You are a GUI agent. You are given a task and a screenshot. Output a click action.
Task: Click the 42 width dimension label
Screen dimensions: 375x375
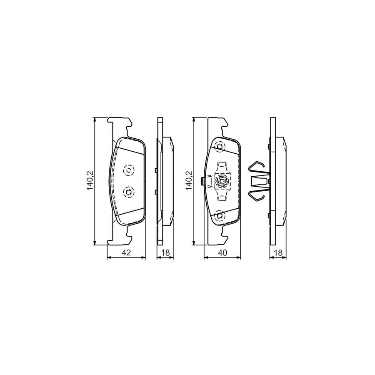point(127,252)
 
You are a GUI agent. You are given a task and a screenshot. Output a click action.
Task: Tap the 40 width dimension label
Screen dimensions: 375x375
point(223,252)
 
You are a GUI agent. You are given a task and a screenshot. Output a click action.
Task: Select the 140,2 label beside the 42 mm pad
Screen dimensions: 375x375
point(89,181)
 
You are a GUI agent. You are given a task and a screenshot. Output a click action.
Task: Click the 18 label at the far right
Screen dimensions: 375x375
point(278,252)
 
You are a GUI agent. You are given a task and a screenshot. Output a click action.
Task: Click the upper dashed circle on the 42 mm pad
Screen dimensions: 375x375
point(129,170)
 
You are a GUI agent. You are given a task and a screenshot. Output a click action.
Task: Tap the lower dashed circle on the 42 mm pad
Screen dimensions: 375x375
point(129,191)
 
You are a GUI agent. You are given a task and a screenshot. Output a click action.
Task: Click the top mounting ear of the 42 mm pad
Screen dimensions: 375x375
point(120,122)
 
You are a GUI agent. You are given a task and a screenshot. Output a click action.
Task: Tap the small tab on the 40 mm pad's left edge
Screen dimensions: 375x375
point(202,181)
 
